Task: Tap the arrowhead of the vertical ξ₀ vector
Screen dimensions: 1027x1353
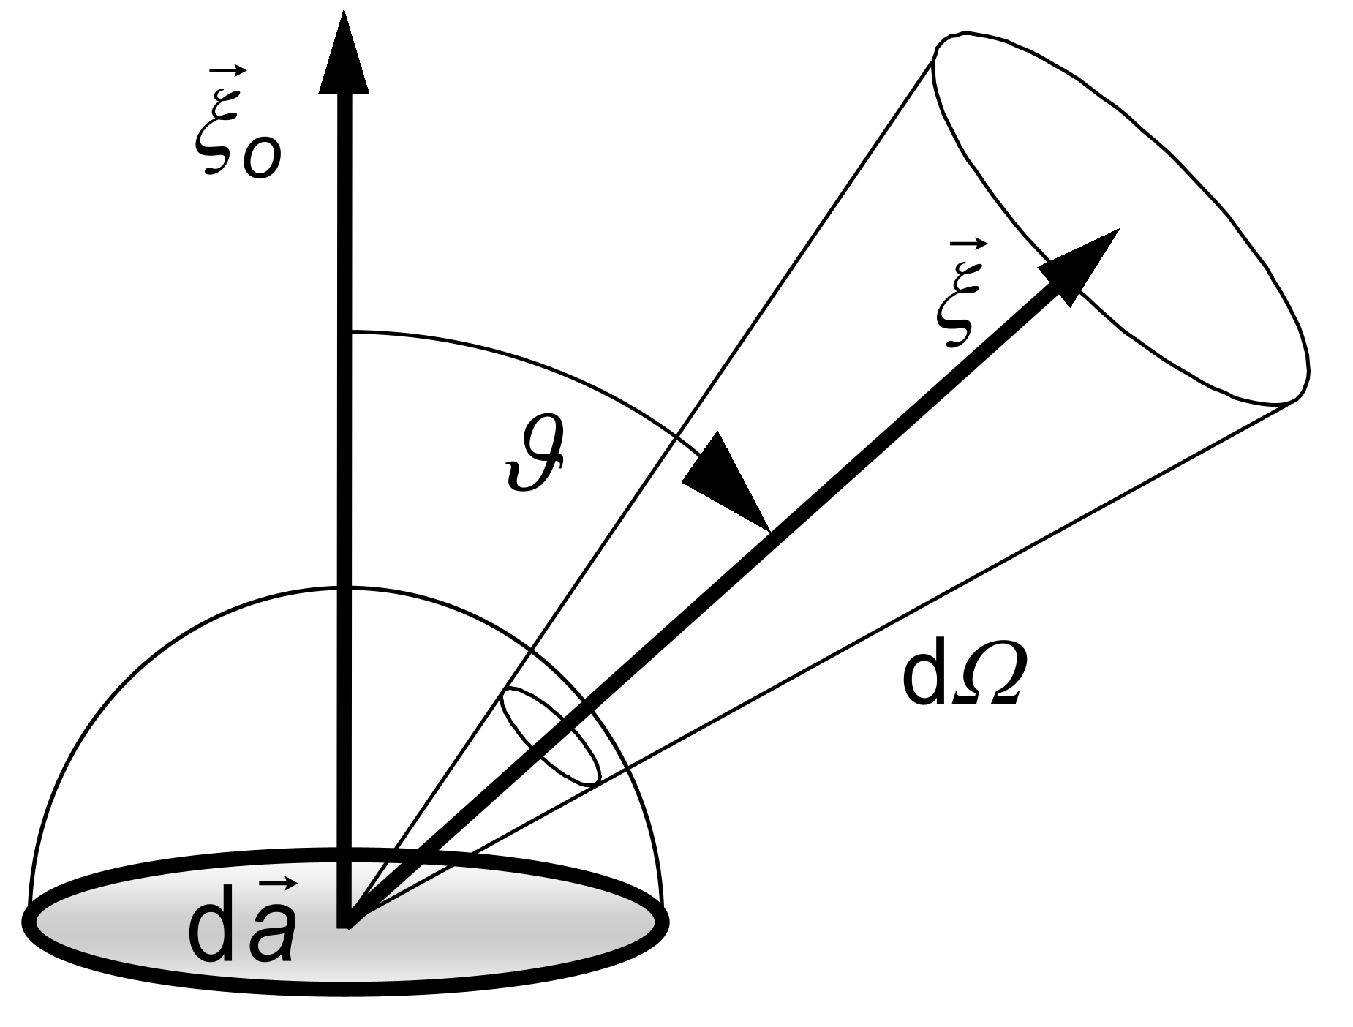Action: (344, 55)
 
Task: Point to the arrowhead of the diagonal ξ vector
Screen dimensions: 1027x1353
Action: (1081, 264)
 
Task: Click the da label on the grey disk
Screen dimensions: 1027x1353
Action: (242, 925)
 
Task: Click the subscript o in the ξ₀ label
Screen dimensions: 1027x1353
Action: (261, 158)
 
